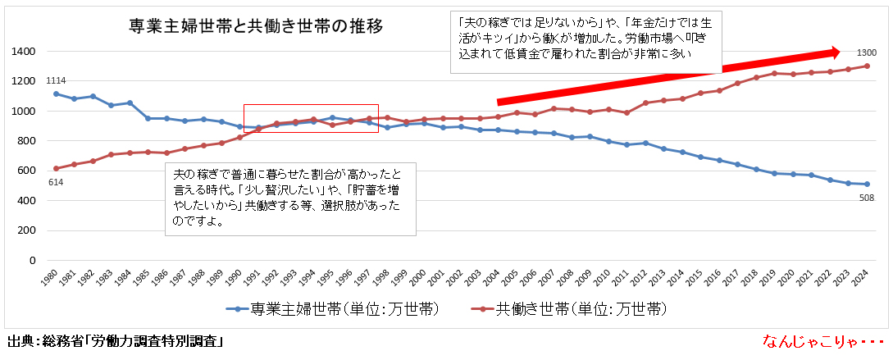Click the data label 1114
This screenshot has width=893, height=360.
(56, 80)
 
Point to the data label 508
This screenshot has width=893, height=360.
(867, 197)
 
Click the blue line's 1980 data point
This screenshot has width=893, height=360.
(56, 93)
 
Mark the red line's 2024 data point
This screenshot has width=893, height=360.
(867, 66)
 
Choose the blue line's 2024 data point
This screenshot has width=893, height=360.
(867, 185)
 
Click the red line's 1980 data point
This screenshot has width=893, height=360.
(56, 168)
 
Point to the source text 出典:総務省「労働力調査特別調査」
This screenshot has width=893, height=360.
(116, 340)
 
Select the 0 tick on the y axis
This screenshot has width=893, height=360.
(31, 260)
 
